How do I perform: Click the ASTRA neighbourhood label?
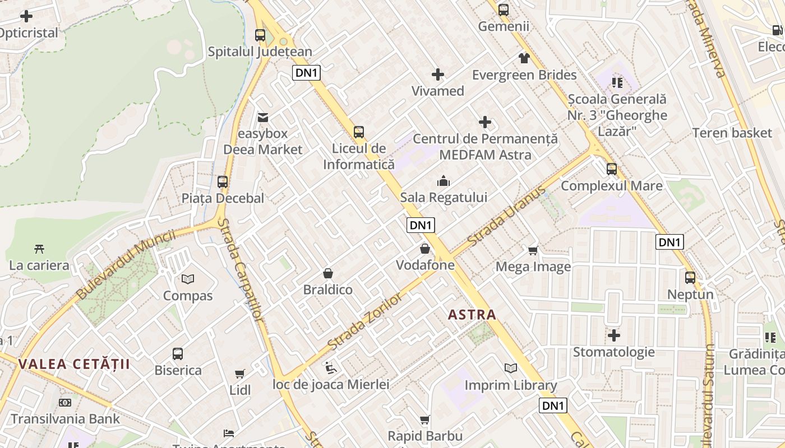coord(472,315)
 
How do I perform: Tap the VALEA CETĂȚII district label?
coord(74,365)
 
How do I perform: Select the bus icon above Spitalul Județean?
coord(260,35)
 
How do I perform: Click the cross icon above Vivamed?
coord(437,74)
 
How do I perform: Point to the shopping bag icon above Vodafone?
coord(425,248)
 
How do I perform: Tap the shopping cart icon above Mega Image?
coord(533,250)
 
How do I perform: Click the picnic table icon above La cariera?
coord(39,249)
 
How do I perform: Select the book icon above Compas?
coord(188,279)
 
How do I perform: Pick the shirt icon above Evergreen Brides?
coord(524,58)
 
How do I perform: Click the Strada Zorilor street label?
coord(365,320)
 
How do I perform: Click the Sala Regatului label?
coord(444,198)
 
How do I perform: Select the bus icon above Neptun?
coord(690,277)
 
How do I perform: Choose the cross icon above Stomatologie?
coord(614,335)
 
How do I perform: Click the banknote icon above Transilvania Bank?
coord(65,403)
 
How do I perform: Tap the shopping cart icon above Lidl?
coord(240,374)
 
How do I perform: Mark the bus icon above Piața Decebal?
coord(223,181)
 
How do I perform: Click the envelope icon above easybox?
coord(262,117)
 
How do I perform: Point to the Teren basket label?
coord(732,133)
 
